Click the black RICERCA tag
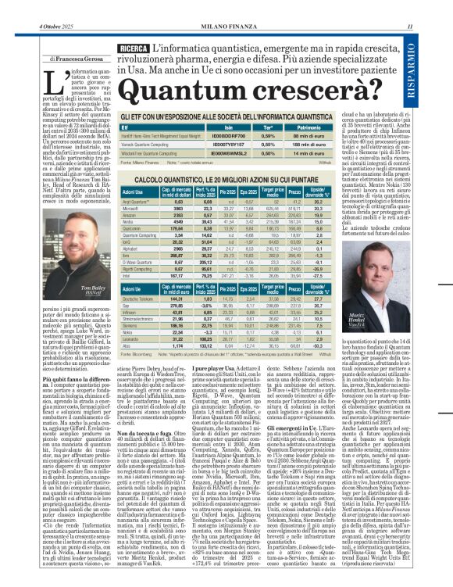click(x=134, y=48)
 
